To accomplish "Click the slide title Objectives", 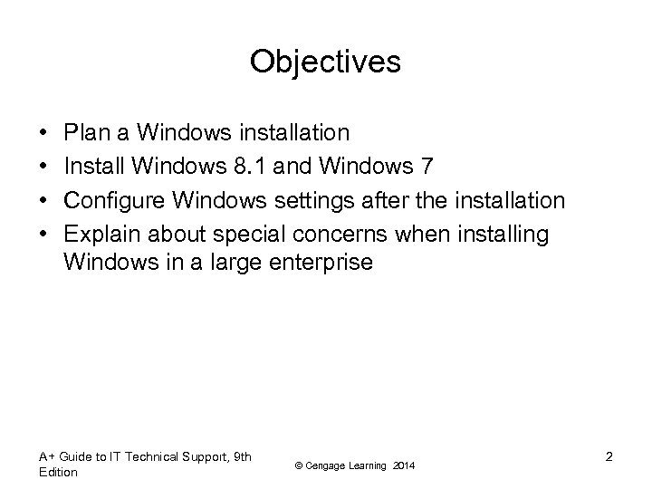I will pos(325,62).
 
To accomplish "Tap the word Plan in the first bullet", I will pos(87,133).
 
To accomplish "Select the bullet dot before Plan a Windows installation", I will pos(44,134).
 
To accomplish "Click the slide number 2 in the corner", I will pos(609,457).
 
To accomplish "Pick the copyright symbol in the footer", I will pos(300,465).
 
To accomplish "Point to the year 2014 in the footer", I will pos(405,465).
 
